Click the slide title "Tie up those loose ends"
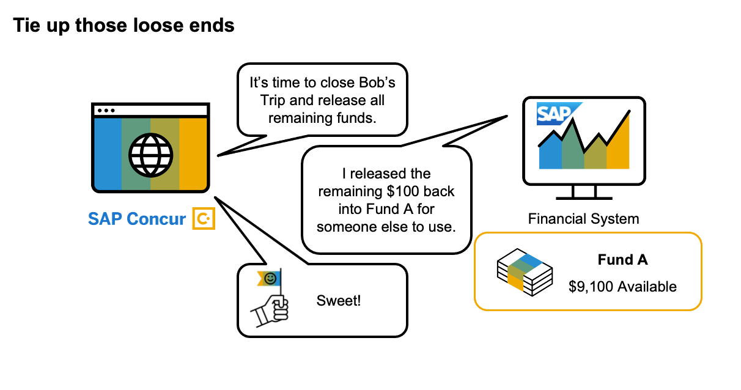[x=123, y=26]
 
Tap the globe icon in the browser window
[x=150, y=153]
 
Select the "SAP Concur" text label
[x=137, y=219]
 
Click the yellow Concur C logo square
[x=204, y=218]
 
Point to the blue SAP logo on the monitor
[x=554, y=114]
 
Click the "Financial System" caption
[x=583, y=218]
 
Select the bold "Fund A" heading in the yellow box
[x=622, y=260]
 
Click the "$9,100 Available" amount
[x=622, y=286]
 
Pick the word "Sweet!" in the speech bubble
[x=339, y=301]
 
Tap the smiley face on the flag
[x=270, y=279]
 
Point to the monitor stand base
[x=584, y=197]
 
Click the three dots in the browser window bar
[x=106, y=111]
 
